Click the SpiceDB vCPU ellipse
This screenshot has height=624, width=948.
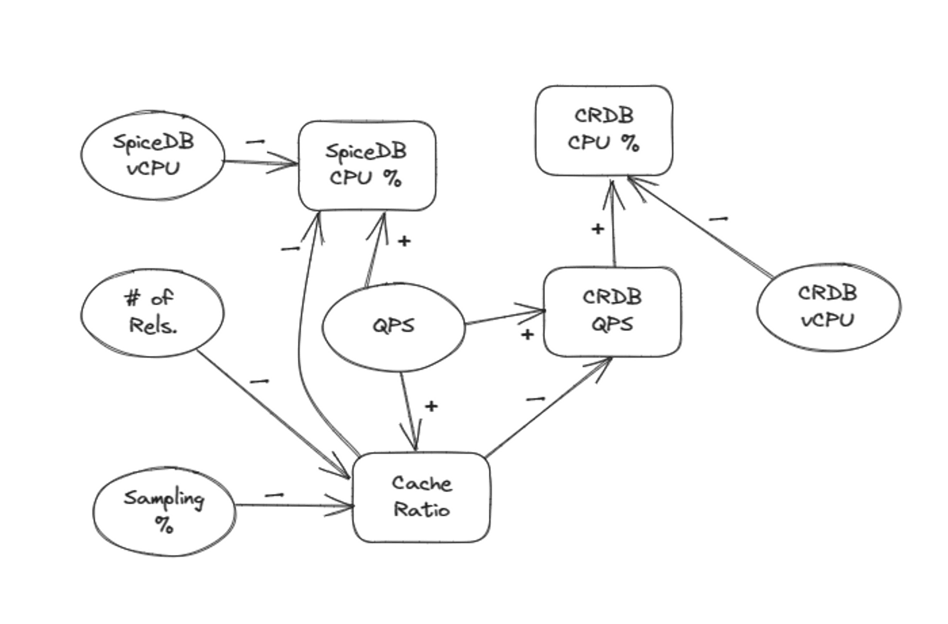point(153,156)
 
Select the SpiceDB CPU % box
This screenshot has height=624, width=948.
point(367,165)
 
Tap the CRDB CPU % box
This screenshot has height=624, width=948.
point(603,130)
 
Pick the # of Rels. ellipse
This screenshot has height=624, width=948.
point(152,312)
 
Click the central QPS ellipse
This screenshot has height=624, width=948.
point(394,326)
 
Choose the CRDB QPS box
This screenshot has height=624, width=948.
point(612,312)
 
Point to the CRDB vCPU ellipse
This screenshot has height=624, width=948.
point(828,307)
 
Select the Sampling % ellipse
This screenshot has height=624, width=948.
point(164,511)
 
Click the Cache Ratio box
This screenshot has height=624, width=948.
point(421,497)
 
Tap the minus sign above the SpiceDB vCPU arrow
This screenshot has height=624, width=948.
point(255,142)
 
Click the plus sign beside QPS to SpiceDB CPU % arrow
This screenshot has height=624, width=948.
point(404,241)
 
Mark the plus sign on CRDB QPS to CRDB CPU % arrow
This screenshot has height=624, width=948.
point(597,229)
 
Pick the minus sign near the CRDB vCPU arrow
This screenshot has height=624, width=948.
point(718,219)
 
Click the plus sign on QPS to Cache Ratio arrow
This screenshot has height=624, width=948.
point(431,406)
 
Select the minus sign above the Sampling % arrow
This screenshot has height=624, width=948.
point(274,495)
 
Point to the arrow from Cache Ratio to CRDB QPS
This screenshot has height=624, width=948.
point(548,407)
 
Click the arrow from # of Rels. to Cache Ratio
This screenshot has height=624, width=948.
point(272,412)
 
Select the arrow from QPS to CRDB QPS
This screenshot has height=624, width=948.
point(504,317)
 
